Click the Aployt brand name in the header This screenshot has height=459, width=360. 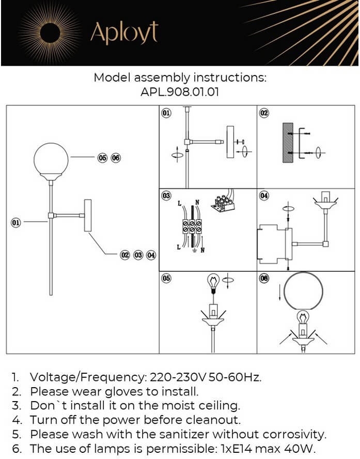[123, 33]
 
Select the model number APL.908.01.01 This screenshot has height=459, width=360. [180, 91]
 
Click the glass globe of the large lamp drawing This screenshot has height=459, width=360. [51, 160]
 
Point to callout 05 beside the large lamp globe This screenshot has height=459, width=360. [102, 157]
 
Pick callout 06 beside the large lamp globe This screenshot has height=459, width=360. [115, 157]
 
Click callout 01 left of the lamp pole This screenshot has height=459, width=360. [16, 222]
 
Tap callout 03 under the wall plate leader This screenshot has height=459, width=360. [138, 255]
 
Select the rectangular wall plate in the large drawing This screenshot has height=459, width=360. [87, 216]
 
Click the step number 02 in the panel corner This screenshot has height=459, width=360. [264, 113]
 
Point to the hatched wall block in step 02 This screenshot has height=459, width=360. [288, 143]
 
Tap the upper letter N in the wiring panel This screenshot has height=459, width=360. [197, 204]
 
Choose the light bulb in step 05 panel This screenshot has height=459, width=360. [212, 282]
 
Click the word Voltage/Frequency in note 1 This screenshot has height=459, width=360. [88, 377]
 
